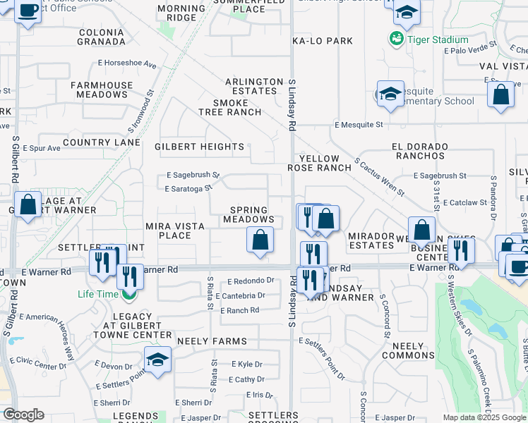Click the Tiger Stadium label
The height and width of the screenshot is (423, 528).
[x=438, y=39]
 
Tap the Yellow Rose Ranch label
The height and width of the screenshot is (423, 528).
[x=319, y=163]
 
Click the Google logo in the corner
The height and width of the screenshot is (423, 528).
[x=23, y=415]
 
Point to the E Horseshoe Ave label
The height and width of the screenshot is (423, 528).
[x=128, y=63]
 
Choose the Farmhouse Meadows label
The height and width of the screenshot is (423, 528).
[x=102, y=90]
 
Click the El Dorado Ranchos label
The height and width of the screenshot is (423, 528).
[x=420, y=151]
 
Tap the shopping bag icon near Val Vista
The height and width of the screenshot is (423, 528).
[x=500, y=96]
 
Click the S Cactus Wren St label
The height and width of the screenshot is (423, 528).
[x=378, y=176]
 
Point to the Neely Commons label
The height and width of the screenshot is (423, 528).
[x=407, y=350]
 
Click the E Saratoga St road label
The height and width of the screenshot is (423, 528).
[x=188, y=189]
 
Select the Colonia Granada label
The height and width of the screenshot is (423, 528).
[x=102, y=37]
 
